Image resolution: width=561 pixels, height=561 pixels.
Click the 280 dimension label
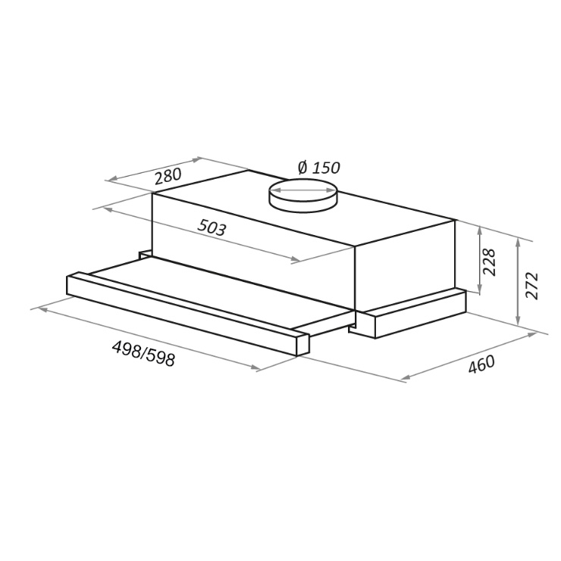(x=168, y=176)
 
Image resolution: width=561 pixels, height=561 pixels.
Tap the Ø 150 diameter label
(x=319, y=168)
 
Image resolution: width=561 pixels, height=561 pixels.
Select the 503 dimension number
(x=212, y=227)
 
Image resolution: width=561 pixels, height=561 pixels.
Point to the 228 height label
(x=489, y=262)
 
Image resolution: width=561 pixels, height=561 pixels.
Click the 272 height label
(x=532, y=286)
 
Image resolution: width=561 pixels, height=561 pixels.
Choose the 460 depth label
(x=482, y=364)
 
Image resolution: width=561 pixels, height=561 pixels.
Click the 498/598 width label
(x=143, y=353)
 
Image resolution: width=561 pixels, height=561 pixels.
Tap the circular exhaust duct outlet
(x=303, y=196)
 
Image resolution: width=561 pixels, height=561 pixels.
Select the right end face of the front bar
(x=303, y=344)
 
